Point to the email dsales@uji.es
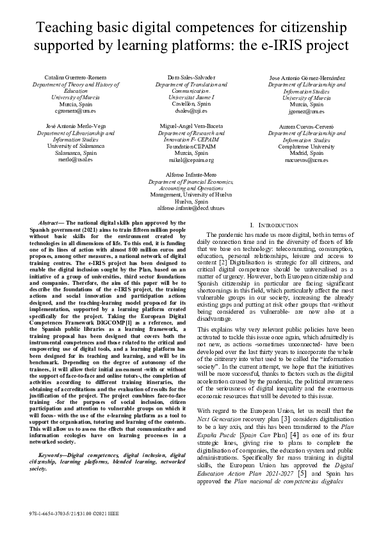pyautogui.click(x=190, y=109)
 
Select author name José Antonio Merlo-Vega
pyautogui.click(x=75, y=127)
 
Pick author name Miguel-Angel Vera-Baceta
pyautogui.click(x=191, y=127)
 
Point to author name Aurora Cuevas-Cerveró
pyautogui.click(x=306, y=127)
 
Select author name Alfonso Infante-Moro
pyautogui.click(x=191, y=174)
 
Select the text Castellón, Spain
pyautogui.click(x=191, y=103)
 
